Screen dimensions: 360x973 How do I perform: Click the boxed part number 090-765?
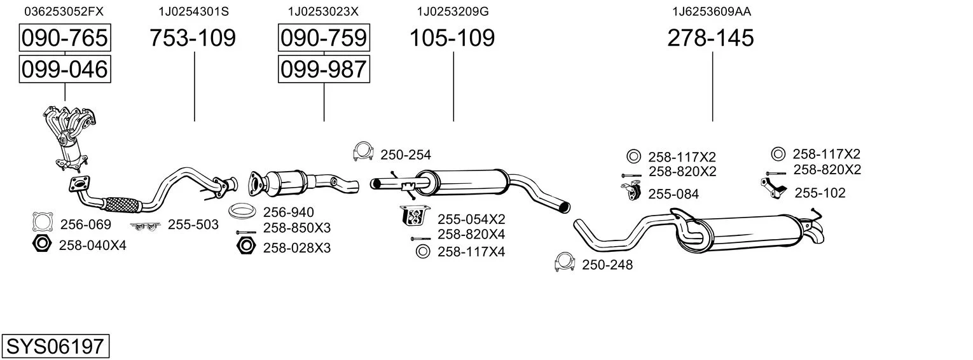tap(64, 38)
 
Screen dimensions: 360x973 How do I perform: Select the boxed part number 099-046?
tap(64, 69)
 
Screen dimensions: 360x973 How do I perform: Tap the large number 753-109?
tap(193, 38)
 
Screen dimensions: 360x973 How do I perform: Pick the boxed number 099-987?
tap(324, 69)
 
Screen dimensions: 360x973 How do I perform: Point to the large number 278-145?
tap(710, 38)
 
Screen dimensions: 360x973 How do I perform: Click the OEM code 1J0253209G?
tap(452, 11)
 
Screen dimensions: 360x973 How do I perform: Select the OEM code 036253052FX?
tap(64, 11)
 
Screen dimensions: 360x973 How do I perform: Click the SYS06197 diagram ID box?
tap(55, 347)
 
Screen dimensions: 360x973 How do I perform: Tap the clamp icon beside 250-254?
tap(362, 153)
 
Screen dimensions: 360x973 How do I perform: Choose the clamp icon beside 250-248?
tap(565, 263)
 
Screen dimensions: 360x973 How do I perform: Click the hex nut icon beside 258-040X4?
tap(41, 244)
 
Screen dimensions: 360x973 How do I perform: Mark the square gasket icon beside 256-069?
tap(43, 222)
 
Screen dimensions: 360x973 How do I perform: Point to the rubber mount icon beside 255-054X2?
tap(413, 216)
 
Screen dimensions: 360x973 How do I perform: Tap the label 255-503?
tap(193, 225)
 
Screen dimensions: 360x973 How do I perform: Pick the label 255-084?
tap(673, 194)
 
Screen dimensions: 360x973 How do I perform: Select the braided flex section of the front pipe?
tap(121, 204)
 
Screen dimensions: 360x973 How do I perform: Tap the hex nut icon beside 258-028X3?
tap(245, 246)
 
